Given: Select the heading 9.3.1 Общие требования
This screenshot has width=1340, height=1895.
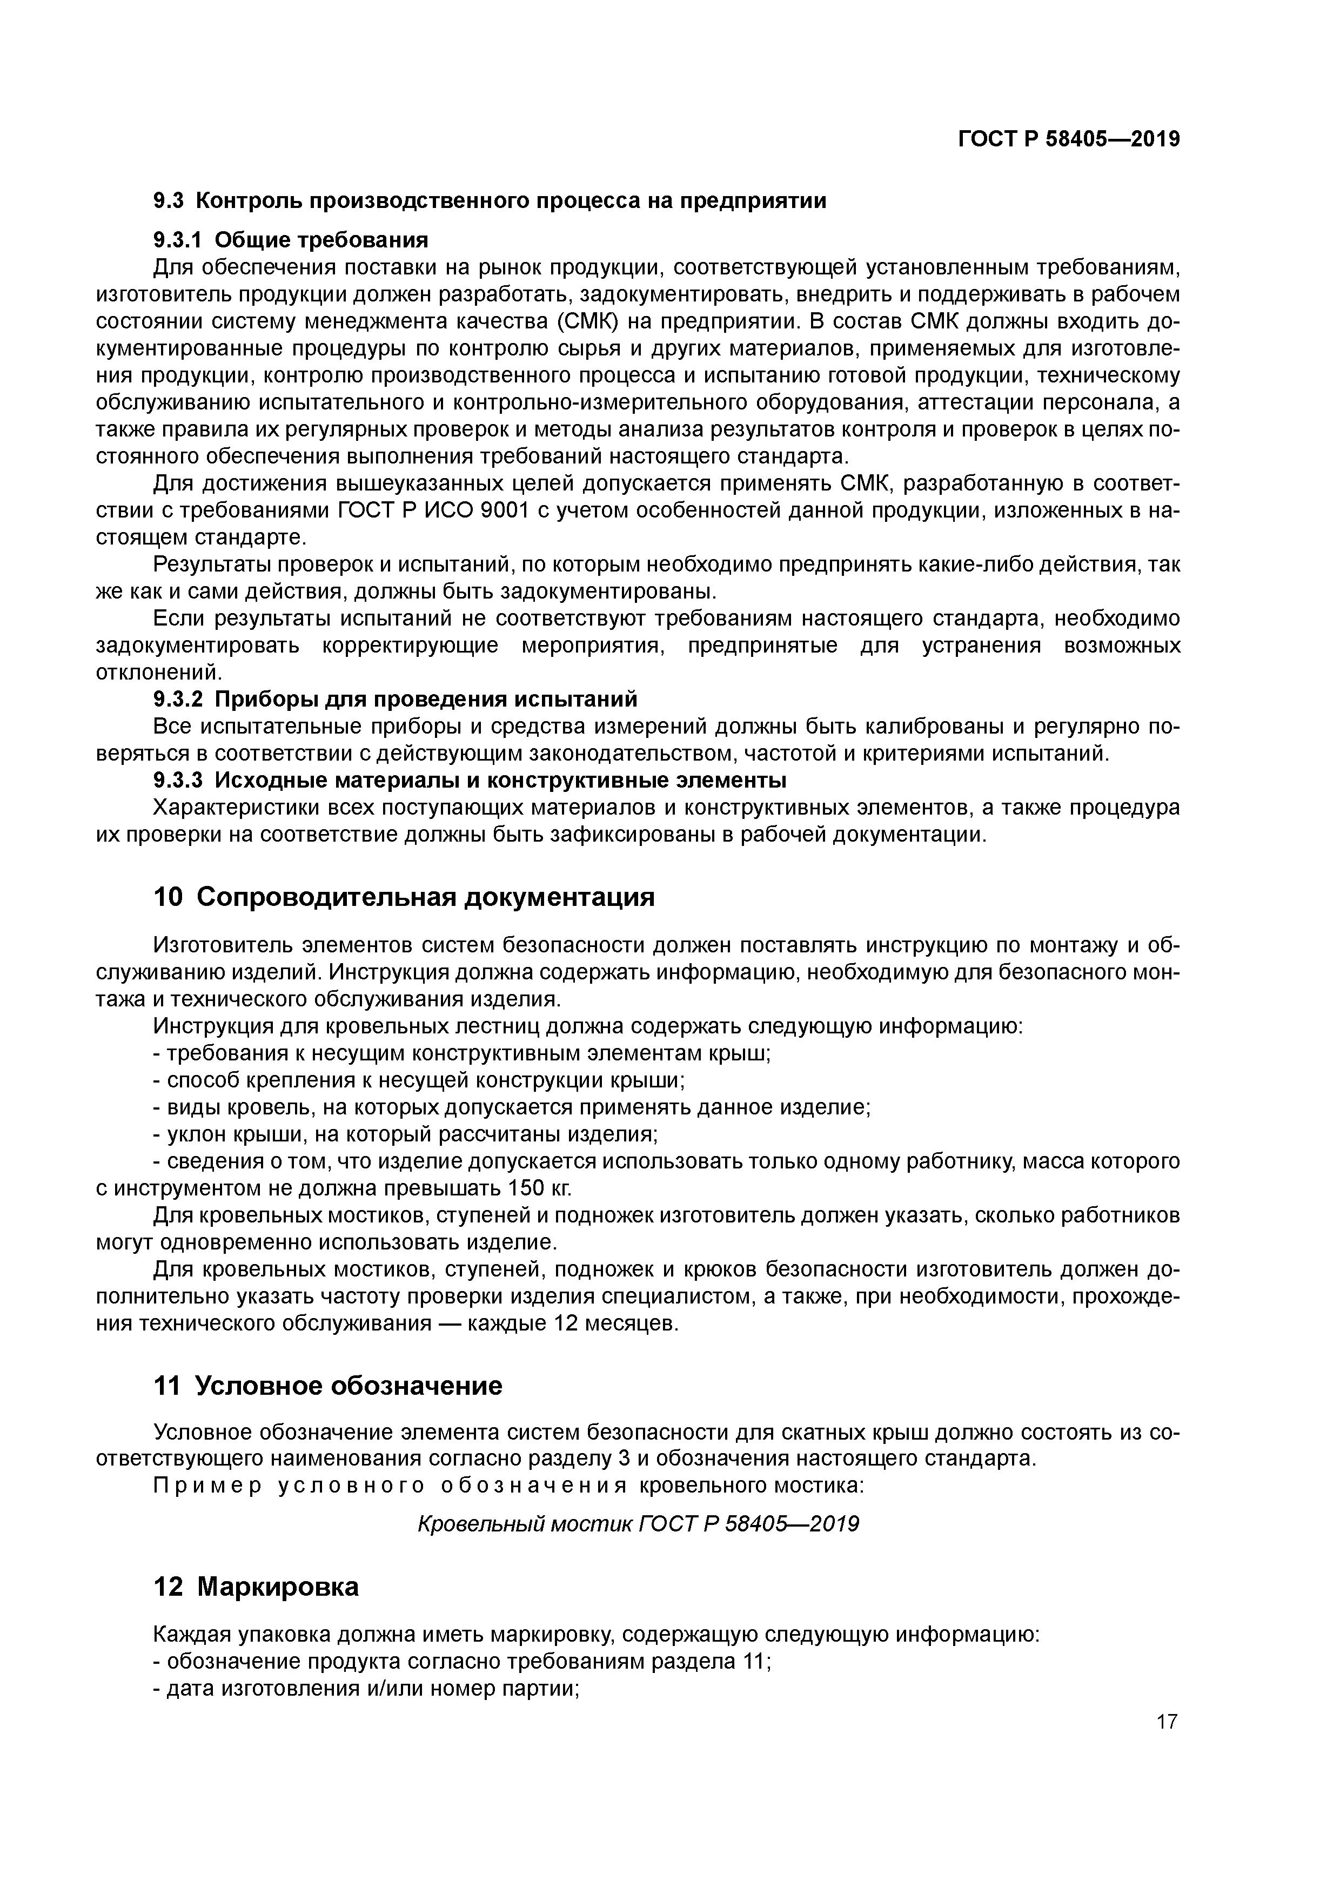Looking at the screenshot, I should (291, 240).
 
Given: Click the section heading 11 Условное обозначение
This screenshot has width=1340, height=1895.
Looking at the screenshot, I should (328, 1385).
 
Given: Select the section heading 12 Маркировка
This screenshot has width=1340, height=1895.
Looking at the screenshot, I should (256, 1587).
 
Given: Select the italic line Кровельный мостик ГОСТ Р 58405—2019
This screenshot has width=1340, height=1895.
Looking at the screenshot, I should (638, 1523).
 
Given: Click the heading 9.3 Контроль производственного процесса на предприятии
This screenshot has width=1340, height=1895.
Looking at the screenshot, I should (490, 200).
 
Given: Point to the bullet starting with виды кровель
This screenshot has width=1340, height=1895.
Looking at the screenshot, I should (512, 1107).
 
